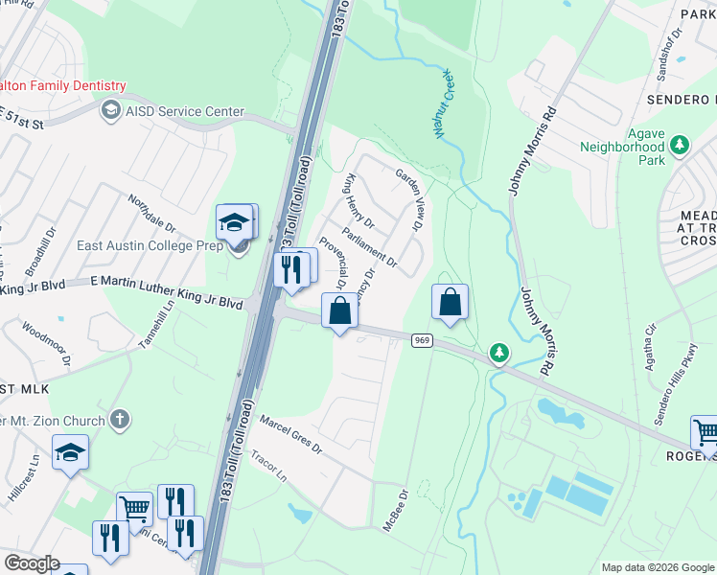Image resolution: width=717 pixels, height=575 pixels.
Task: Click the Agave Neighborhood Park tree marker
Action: pyautogui.click(x=680, y=145)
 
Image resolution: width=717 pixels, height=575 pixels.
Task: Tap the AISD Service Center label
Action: pyautogui.click(x=183, y=111)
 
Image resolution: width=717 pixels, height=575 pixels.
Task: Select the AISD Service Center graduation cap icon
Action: pyautogui.click(x=111, y=111)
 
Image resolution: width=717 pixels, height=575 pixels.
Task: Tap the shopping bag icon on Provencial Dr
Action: pyautogui.click(x=339, y=310)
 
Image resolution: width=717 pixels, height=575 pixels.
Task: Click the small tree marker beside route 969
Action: pyautogui.click(x=498, y=354)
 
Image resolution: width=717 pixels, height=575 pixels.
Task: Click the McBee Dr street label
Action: pyautogui.click(x=397, y=509)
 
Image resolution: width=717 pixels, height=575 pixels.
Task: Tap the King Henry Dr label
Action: pyautogui.click(x=359, y=200)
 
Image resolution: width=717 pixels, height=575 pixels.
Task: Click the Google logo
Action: pyautogui.click(x=33, y=563)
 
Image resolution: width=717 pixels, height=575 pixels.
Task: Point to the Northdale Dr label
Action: pyautogui.click(x=152, y=214)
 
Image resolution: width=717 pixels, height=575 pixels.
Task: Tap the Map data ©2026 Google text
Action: pyautogui.click(x=657, y=567)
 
